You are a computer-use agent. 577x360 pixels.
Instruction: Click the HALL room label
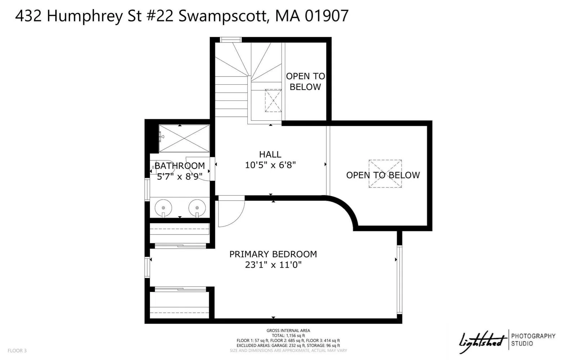tap(270, 154)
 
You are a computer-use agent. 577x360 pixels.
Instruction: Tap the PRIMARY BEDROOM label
tap(273, 254)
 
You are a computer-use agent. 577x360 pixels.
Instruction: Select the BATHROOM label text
tap(180, 166)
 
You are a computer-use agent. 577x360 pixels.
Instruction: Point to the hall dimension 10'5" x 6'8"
tap(270, 165)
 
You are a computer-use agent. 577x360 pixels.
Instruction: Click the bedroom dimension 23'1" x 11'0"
tap(273, 265)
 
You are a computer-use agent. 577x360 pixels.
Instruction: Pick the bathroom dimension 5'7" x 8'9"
tap(178, 177)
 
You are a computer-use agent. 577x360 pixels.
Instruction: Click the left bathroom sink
tap(163, 208)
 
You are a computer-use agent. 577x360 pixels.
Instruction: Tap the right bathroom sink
tap(197, 208)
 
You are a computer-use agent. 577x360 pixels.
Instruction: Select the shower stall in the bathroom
tap(184, 138)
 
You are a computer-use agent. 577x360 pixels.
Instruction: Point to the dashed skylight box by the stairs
tap(273, 101)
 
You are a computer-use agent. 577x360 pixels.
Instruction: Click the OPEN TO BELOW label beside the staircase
tap(305, 81)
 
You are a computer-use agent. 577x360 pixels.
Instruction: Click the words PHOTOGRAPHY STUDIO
tap(533, 340)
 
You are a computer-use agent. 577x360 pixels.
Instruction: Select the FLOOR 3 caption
tap(17, 351)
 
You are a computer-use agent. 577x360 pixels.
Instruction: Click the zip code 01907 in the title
tap(327, 15)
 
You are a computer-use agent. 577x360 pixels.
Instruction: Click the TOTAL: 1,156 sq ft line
tap(288, 335)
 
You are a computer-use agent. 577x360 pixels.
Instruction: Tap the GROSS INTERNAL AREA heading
tap(288, 330)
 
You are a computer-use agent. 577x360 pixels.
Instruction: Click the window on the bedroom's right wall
tap(399, 280)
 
